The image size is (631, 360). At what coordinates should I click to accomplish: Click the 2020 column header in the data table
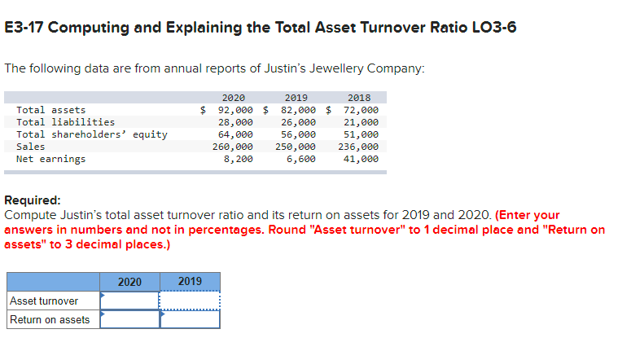tap(233, 98)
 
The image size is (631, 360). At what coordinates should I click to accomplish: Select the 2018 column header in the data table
tap(358, 98)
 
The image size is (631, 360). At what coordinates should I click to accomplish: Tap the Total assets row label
tap(50, 110)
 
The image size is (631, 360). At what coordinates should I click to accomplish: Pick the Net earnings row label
tap(50, 159)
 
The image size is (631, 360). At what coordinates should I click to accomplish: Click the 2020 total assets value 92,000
tap(237, 110)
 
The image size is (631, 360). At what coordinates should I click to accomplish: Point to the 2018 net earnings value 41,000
tap(361, 159)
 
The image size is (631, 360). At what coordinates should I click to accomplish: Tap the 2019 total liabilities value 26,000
tap(298, 122)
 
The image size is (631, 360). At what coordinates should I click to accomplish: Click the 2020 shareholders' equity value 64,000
tap(235, 134)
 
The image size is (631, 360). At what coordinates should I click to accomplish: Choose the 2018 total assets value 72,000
tap(361, 110)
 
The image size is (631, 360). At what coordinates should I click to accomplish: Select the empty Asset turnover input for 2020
tap(129, 301)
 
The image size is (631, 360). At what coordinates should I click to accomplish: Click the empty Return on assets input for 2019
tap(190, 319)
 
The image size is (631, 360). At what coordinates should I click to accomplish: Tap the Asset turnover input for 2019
tap(190, 301)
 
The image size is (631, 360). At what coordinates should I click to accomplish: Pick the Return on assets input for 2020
tap(129, 319)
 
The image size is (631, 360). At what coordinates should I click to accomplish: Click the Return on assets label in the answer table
tap(50, 319)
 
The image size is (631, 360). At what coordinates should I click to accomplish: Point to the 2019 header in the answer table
tap(190, 282)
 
